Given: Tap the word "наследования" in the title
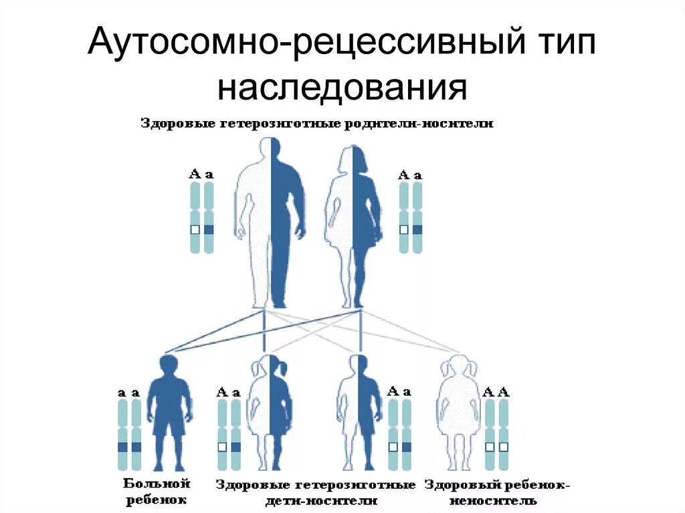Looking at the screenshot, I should [341, 88].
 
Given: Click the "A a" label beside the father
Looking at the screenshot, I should [201, 175].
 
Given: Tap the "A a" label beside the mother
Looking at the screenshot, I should [410, 175].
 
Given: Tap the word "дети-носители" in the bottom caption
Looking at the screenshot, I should [315, 500].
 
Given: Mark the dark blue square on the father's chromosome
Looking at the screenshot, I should [209, 229].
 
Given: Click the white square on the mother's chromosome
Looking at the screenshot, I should [403, 229].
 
